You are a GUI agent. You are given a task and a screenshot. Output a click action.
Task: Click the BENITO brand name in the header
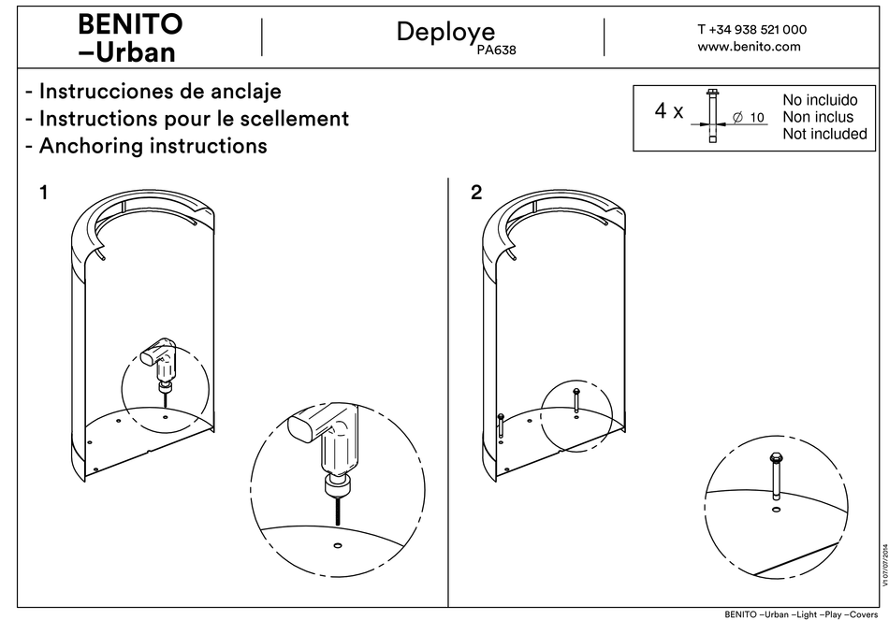pyautogui.click(x=129, y=22)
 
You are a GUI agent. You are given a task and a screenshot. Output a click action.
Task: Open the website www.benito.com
pyautogui.click(x=749, y=47)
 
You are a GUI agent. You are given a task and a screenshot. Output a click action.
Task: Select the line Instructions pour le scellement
pyautogui.click(x=186, y=119)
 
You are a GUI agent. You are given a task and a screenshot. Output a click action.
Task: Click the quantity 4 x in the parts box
pyautogui.click(x=668, y=111)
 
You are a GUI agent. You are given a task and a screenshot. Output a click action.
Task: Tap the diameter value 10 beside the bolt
pyautogui.click(x=757, y=118)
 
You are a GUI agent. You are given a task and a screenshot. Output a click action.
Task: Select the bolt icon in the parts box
pyautogui.click(x=712, y=115)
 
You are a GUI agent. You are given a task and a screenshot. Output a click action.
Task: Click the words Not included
pyautogui.click(x=823, y=134)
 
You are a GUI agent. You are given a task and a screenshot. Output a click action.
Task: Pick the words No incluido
pyautogui.click(x=819, y=100)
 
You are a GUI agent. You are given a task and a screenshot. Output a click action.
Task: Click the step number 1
pyautogui.click(x=43, y=194)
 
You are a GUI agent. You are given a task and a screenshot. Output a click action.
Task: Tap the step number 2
pyautogui.click(x=477, y=194)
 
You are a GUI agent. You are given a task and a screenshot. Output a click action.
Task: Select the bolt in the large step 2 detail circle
pyautogui.click(x=776, y=477)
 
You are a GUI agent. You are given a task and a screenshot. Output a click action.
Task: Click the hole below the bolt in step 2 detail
pyautogui.click(x=776, y=511)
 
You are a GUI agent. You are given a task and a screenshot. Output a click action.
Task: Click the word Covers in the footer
pyautogui.click(x=867, y=613)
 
